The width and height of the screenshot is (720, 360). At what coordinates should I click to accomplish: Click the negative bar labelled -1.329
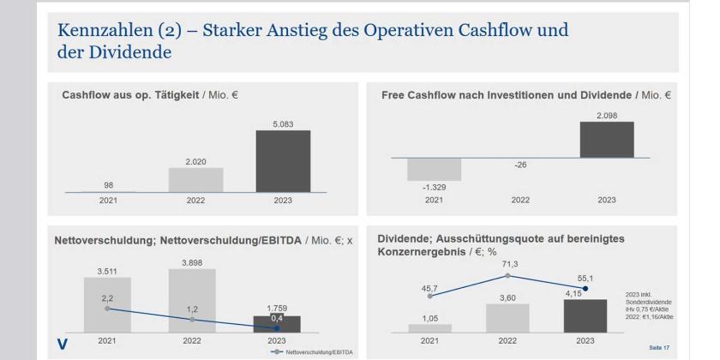coord(434,170)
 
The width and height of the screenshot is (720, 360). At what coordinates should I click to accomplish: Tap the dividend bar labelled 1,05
coord(429,327)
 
